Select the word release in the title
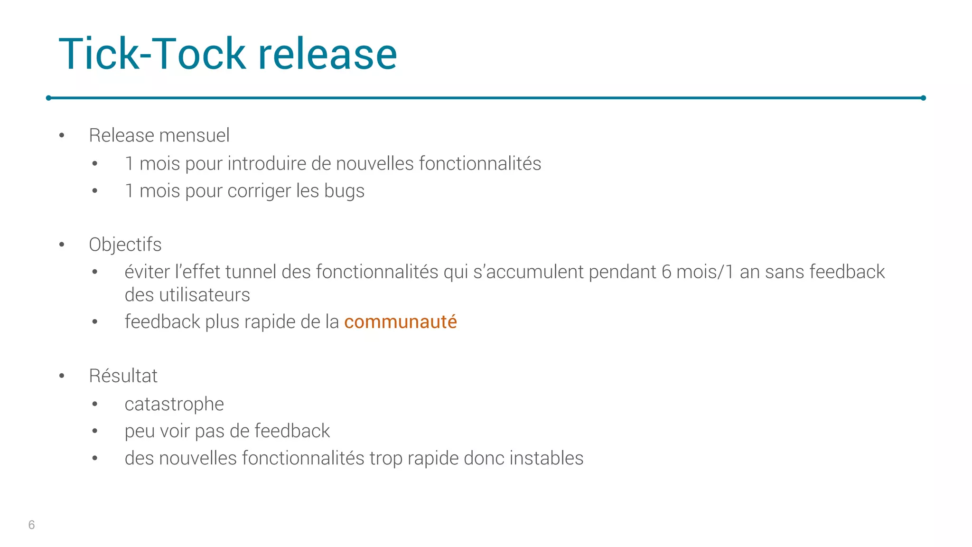[327, 54]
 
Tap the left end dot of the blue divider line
[48, 98]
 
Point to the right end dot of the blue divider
[923, 98]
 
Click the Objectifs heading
[125, 245]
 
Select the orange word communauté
[400, 322]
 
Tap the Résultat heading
[123, 376]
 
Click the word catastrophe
[174, 404]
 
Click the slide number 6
[31, 525]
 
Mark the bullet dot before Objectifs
[62, 245]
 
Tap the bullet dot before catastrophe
[95, 405]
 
